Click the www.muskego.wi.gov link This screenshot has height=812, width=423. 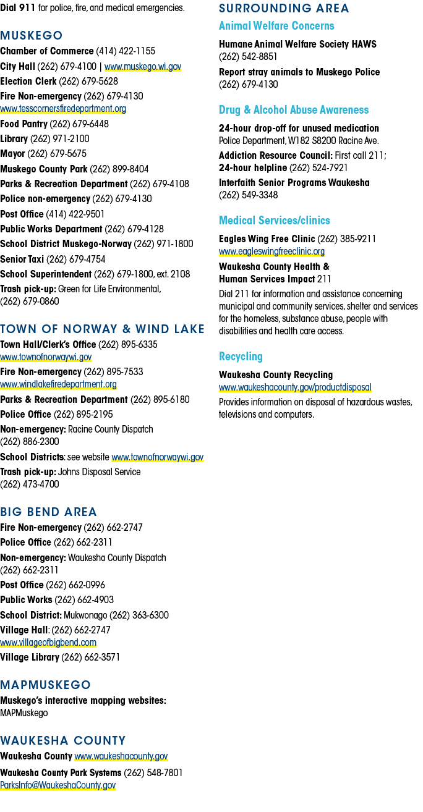click(143, 67)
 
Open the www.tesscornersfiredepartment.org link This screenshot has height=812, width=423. click(63, 109)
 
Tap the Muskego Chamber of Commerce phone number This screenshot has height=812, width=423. click(126, 51)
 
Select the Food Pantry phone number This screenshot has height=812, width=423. click(79, 124)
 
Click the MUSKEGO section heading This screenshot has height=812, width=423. click(32, 35)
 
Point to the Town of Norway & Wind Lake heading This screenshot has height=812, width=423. click(102, 329)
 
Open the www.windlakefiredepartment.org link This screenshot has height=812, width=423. click(58, 384)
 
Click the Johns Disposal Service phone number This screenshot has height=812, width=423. click(30, 484)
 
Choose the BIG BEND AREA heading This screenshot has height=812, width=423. click(49, 512)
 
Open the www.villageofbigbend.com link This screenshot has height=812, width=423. click(48, 643)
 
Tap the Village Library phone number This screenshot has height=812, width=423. click(91, 658)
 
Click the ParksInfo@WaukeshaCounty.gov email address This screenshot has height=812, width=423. click(58, 785)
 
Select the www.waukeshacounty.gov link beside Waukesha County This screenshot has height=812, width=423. click(121, 756)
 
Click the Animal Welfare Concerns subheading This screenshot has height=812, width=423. click(276, 26)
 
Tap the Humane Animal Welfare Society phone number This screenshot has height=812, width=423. click(248, 57)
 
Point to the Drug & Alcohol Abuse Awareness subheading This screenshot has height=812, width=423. click(294, 110)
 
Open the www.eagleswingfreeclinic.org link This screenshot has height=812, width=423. click(271, 252)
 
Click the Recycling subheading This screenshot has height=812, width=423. click(241, 357)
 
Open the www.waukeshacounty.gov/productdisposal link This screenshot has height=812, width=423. click(295, 387)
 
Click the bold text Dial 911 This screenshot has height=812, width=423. click(18, 8)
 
